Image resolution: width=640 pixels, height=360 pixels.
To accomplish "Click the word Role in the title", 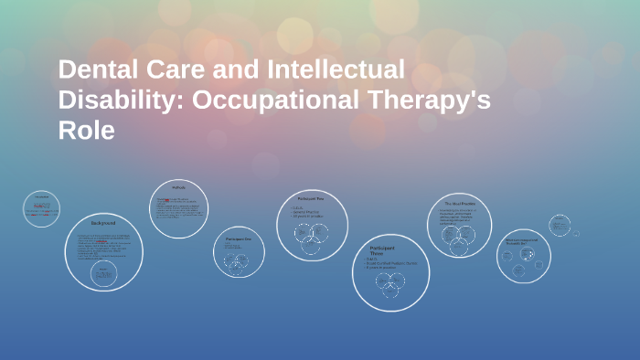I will pos(87,131).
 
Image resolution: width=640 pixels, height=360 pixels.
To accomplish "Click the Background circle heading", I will pos(103,223).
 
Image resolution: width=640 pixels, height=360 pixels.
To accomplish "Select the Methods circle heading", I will pos(179,188).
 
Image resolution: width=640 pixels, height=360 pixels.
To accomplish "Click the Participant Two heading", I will pos(312,198).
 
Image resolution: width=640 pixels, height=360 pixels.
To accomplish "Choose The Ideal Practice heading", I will pos(461,203).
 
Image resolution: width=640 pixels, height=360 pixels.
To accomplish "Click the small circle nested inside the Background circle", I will pos(104,273).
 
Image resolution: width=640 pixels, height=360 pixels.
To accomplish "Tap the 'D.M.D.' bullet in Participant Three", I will pos(373,259).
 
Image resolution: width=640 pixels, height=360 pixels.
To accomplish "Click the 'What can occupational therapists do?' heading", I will pos(524,241).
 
